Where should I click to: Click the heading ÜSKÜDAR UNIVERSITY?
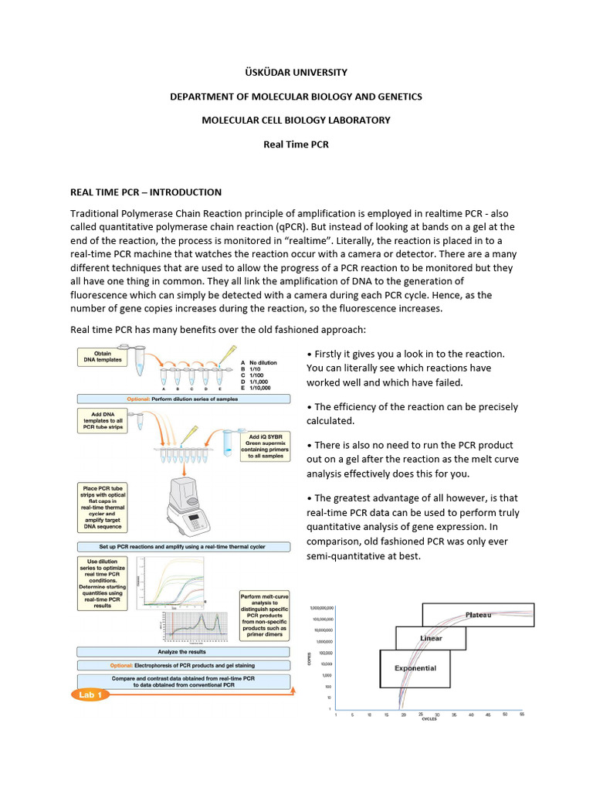pyautogui.click(x=296, y=72)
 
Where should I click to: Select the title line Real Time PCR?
pyautogui.click(x=296, y=144)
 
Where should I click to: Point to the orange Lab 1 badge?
pyautogui.click(x=91, y=694)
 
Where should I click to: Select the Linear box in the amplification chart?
pyautogui.click(x=431, y=639)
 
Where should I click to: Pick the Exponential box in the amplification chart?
pyautogui.click(x=415, y=668)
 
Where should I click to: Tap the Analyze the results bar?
pyautogui.click(x=184, y=652)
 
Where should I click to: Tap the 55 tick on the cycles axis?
pyautogui.click(x=521, y=714)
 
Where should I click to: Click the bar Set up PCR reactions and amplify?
pyautogui.click(x=184, y=547)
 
